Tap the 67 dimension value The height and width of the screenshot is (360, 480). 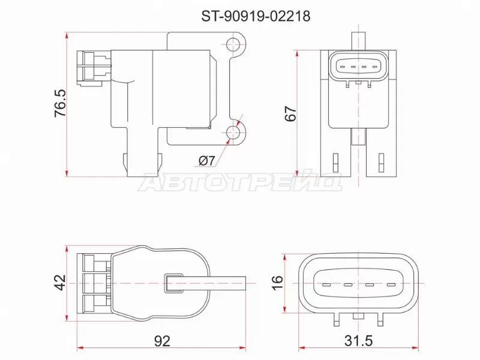point(291,113)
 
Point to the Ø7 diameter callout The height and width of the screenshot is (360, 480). point(206,160)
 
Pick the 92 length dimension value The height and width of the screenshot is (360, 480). point(162,341)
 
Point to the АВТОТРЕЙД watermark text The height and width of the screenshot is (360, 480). point(240,182)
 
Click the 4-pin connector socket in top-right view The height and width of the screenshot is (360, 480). point(358,67)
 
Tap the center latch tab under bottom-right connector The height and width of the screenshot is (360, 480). point(358,316)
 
